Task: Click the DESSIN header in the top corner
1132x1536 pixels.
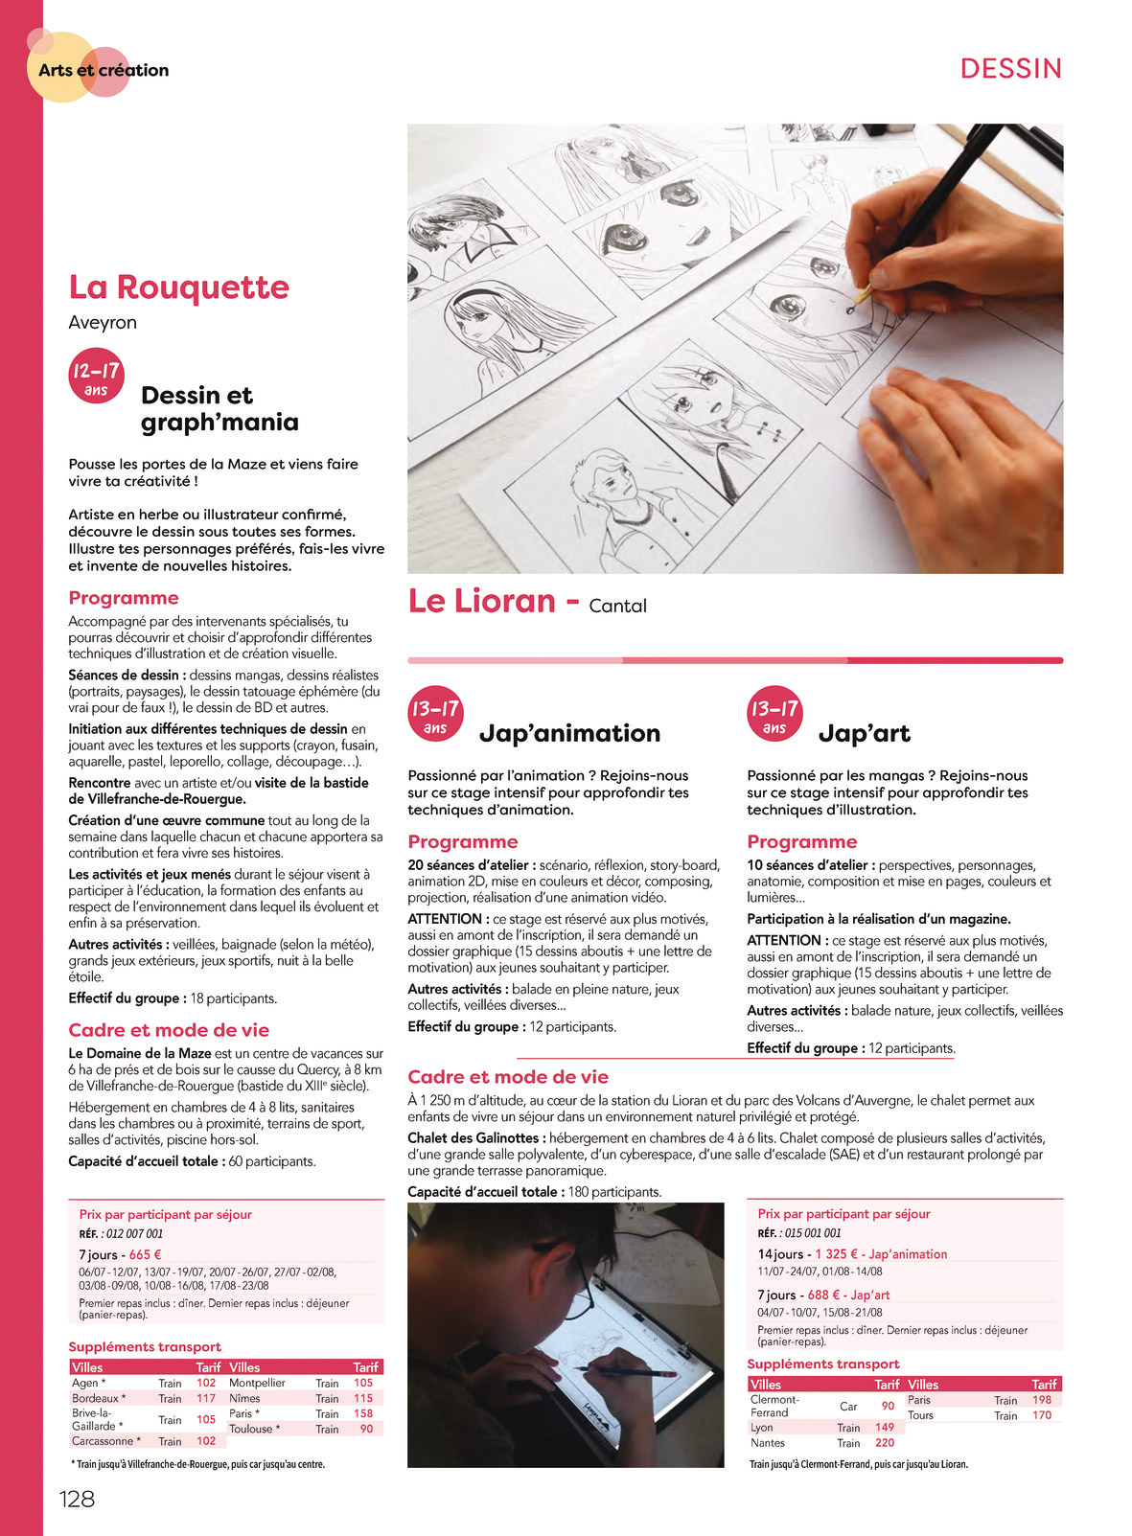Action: [x=1011, y=69]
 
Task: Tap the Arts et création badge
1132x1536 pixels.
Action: [x=103, y=70]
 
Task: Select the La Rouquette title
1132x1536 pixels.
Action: [x=178, y=287]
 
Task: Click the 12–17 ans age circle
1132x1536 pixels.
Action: [x=96, y=376]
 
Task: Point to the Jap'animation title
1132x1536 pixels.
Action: [x=569, y=733]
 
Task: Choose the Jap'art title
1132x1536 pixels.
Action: [x=864, y=733]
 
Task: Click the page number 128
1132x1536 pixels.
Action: [x=77, y=1499]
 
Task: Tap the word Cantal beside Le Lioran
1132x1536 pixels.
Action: [x=617, y=606]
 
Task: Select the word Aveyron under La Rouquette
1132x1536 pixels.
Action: [x=103, y=323]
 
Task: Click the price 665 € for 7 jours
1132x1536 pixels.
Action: [x=145, y=1254]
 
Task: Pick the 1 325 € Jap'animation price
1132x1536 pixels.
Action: [x=840, y=1253]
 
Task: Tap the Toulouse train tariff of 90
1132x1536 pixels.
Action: [x=366, y=1429]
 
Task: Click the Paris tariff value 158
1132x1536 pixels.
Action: [x=363, y=1413]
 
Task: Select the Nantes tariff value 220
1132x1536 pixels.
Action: [x=884, y=1442]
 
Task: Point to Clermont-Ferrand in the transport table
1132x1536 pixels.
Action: [x=775, y=1406]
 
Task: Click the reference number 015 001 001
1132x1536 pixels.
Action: [x=811, y=1233]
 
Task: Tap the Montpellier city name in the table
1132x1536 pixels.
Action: [x=257, y=1383]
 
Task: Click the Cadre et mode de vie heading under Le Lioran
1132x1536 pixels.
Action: [x=508, y=1077]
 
